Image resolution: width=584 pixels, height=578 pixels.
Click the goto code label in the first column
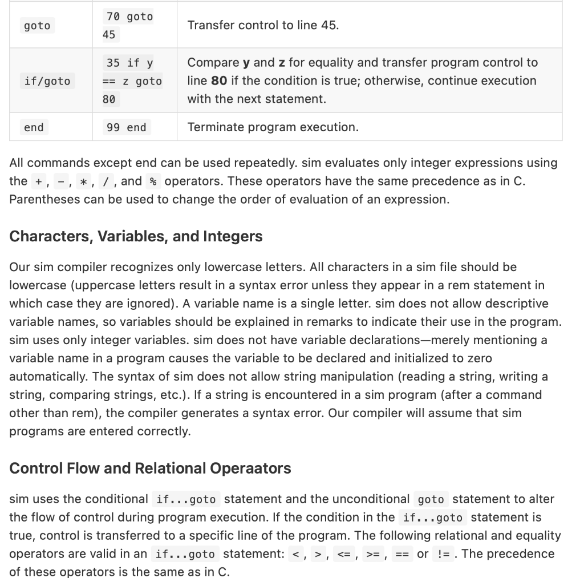click(x=37, y=26)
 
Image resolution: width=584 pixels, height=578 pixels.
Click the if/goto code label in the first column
click(x=47, y=81)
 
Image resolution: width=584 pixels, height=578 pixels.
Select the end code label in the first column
click(x=34, y=127)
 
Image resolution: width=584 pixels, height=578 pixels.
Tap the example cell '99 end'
click(x=126, y=127)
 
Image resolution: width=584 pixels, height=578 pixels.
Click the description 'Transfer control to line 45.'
click(x=263, y=26)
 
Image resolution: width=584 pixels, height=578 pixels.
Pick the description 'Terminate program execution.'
click(x=273, y=127)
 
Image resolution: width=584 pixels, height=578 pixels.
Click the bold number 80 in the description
click(x=220, y=80)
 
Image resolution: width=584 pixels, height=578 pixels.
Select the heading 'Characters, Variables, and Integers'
click(x=136, y=236)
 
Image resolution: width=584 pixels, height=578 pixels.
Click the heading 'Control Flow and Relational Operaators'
click(x=150, y=468)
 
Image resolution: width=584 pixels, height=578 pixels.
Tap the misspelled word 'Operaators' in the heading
click(x=250, y=468)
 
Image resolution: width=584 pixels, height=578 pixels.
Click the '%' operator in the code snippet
click(x=152, y=181)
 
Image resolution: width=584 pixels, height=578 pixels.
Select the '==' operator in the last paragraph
click(x=402, y=554)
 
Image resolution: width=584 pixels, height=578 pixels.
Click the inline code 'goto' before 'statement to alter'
click(x=431, y=499)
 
